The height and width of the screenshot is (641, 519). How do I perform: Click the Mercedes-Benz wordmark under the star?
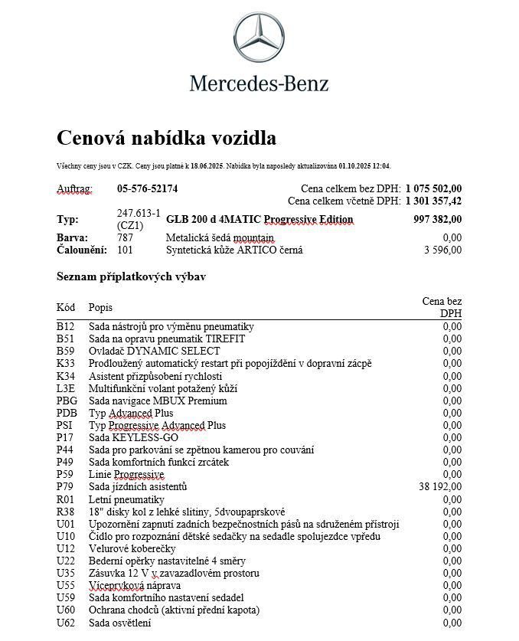[x=259, y=83]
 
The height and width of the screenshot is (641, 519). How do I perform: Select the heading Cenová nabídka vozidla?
[x=166, y=139]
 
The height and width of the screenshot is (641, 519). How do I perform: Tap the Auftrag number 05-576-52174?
[x=148, y=188]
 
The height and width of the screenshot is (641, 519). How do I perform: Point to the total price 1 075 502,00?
[x=433, y=188]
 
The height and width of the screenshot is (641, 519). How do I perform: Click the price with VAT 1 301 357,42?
[x=433, y=201]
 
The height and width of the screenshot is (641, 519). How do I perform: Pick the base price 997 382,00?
[x=437, y=220]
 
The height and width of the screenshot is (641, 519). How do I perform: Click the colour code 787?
[x=125, y=238]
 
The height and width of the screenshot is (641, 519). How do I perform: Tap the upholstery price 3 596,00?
[x=443, y=250]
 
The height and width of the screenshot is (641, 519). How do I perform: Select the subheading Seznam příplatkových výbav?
[x=131, y=276]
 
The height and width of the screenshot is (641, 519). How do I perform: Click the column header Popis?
[x=100, y=307]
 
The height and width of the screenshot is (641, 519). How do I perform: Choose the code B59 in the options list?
[x=65, y=352]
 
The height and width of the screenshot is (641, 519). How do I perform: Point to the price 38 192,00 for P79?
[x=440, y=487]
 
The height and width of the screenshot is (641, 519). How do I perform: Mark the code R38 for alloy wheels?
[x=66, y=512]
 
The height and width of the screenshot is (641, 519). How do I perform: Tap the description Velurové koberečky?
[x=132, y=548]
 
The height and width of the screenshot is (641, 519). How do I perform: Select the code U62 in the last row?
[x=66, y=623]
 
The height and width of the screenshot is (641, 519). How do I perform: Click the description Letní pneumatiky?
[x=126, y=499]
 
